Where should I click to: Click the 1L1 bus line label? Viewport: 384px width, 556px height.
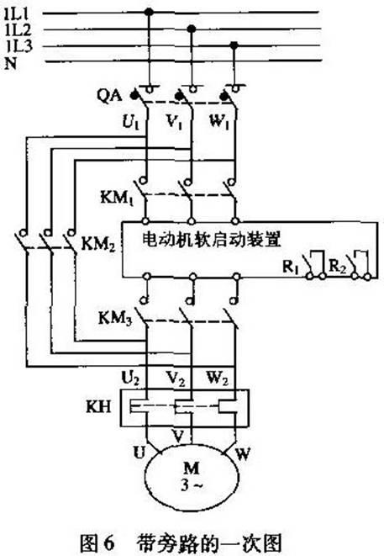click(18, 13)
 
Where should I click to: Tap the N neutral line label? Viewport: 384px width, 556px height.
click(11, 64)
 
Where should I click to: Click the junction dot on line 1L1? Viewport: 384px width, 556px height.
click(149, 13)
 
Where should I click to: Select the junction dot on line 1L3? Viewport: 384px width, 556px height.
click(234, 45)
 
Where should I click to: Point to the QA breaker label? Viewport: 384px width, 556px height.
click(109, 96)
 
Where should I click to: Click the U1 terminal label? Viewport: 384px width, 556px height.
click(131, 122)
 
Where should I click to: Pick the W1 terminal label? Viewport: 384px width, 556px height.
click(219, 122)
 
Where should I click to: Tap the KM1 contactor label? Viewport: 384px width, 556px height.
click(117, 198)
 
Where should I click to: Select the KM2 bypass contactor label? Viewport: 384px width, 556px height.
click(98, 244)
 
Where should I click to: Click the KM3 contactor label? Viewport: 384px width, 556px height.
click(115, 318)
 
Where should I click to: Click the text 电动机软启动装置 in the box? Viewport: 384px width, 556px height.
click(212, 240)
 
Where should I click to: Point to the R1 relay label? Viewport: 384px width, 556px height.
click(290, 267)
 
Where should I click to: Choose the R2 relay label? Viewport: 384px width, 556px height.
click(337, 266)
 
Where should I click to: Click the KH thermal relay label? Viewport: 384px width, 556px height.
click(98, 407)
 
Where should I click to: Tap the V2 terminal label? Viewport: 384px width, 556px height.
click(176, 379)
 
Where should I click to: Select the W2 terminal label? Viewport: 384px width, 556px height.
click(218, 379)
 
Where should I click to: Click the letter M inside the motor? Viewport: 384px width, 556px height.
click(192, 468)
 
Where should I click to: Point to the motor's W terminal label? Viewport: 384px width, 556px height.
click(243, 453)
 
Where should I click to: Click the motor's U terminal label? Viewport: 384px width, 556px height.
click(139, 453)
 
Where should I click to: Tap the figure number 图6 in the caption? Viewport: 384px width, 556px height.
click(97, 543)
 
